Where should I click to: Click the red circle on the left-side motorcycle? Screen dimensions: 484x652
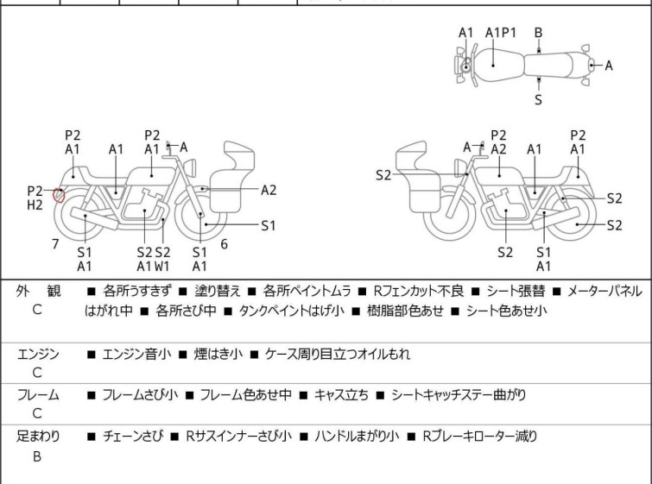pos(59,194)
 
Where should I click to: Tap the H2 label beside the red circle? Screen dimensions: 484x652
pos(35,205)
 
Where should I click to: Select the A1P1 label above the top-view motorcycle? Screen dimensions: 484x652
pos(501,33)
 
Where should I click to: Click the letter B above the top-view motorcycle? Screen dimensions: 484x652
pos(538,33)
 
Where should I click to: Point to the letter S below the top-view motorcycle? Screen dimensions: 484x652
pos(538,99)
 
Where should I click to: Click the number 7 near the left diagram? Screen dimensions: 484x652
pos(55,244)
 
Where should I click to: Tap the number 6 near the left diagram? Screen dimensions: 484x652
pos(224,244)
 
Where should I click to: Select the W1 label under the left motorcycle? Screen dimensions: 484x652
pos(161,267)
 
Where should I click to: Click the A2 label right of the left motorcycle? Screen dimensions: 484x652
pos(269,191)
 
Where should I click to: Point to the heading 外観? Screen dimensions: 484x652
pos(39,292)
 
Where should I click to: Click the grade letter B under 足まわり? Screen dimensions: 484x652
pos(37,456)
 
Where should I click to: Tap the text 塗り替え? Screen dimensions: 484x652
pos(216,292)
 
